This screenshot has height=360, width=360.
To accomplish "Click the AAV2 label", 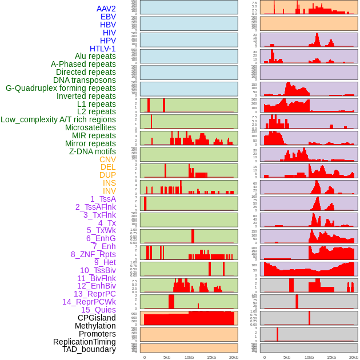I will (106, 9).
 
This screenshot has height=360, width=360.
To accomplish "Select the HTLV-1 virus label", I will (102, 49).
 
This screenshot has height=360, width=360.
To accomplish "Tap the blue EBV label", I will (108, 17).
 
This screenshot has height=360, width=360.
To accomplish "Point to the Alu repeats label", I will (95, 57).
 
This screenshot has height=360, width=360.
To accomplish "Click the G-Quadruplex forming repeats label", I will (61, 88).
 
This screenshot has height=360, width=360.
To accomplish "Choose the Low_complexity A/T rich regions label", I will (58, 119).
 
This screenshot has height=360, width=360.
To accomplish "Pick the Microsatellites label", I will (90, 127).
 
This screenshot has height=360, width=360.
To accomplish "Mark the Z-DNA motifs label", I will (92, 151).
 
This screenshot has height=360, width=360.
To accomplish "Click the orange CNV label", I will (107, 159).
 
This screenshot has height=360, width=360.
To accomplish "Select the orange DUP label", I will (107, 175).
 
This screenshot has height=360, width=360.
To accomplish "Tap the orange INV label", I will (109, 191).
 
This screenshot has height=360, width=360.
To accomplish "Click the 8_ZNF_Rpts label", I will (93, 254).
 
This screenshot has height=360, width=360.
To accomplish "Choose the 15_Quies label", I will (98, 310).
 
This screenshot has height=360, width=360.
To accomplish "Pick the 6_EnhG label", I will (101, 238).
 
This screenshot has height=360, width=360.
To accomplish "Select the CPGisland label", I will (97, 318).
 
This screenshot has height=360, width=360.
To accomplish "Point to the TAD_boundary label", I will (89, 349).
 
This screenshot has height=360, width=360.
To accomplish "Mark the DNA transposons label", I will (85, 80).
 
